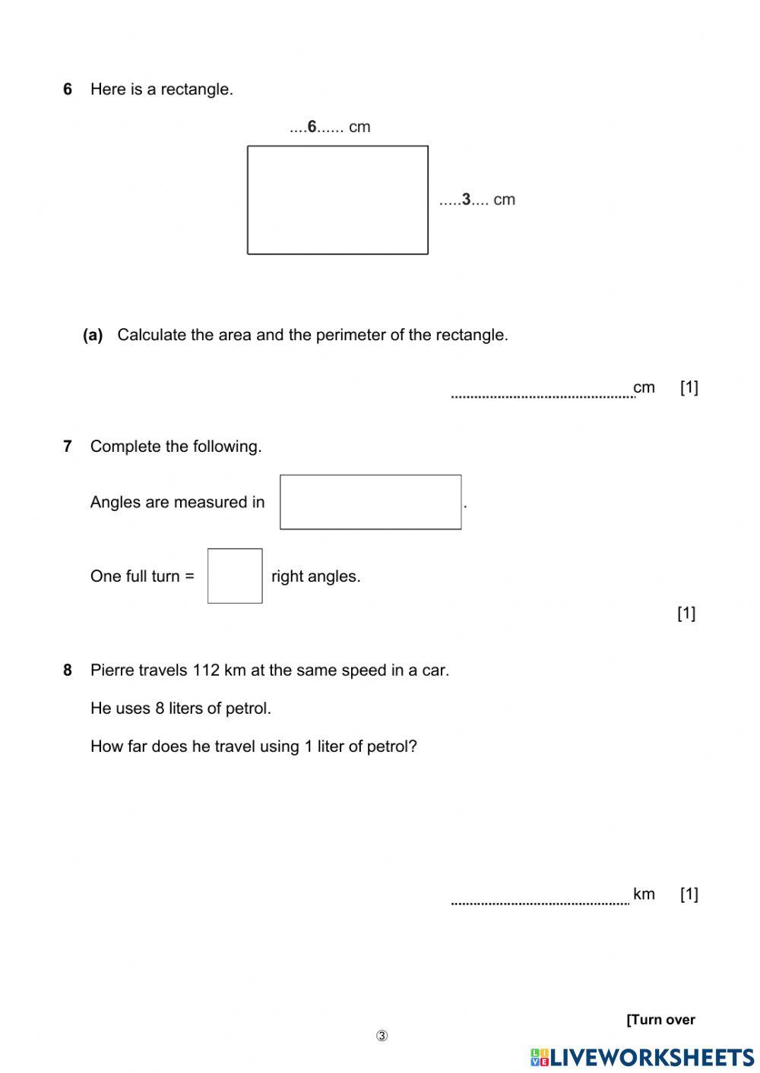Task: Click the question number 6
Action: (x=68, y=90)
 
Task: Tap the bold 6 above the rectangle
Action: (x=312, y=127)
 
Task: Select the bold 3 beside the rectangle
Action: (x=466, y=200)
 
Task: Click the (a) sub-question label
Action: (x=93, y=335)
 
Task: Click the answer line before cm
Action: (x=542, y=394)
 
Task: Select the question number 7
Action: (x=68, y=447)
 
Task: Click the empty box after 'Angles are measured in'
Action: (x=370, y=502)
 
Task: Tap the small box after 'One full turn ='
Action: (x=235, y=576)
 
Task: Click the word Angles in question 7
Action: (x=115, y=502)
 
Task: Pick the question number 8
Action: (x=68, y=671)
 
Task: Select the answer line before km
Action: (x=540, y=901)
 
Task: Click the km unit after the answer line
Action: (x=644, y=894)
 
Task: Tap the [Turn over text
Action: (x=660, y=1020)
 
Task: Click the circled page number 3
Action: (x=382, y=1037)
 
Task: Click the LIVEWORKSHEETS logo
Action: (x=642, y=1057)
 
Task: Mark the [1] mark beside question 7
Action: (x=686, y=613)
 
